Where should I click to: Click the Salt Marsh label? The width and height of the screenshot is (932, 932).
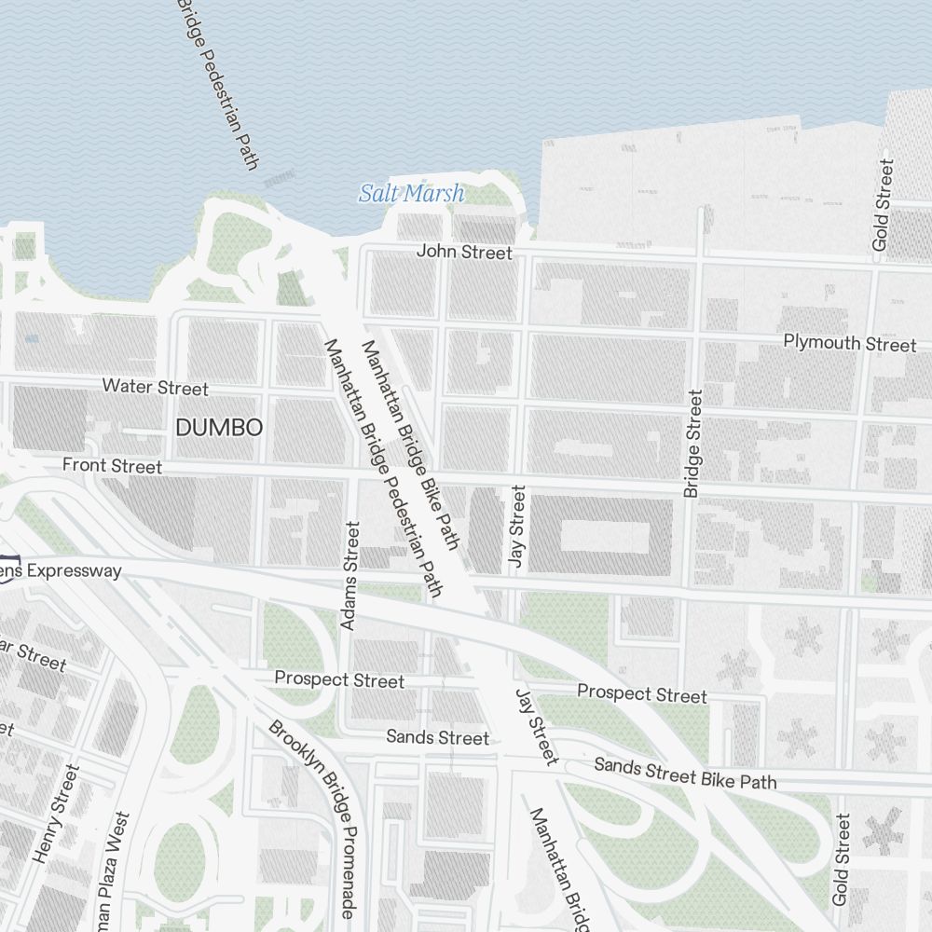tap(411, 194)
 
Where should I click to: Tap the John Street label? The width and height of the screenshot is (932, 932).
tap(464, 252)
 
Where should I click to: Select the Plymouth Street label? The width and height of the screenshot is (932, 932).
tap(849, 343)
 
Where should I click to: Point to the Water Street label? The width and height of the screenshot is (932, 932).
tap(156, 386)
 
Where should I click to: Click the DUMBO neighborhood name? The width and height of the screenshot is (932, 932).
tap(219, 428)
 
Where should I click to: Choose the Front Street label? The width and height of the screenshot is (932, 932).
tap(112, 465)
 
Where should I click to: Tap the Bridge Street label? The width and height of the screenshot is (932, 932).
tap(692, 444)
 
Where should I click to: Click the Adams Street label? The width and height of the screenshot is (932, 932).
tap(349, 575)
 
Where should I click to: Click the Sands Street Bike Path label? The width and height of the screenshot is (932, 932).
tap(685, 773)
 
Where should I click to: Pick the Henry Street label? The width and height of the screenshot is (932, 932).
tap(57, 814)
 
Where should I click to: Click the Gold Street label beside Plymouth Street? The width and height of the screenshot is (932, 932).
tap(882, 205)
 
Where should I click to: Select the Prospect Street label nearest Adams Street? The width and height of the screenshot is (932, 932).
tap(339, 679)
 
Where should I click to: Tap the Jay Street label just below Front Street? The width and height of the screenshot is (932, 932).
tap(517, 527)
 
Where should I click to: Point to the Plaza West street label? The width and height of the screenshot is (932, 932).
tap(108, 871)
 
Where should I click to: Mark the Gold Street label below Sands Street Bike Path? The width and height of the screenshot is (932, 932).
tap(842, 859)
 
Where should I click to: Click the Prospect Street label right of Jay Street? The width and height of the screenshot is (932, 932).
tap(641, 693)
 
